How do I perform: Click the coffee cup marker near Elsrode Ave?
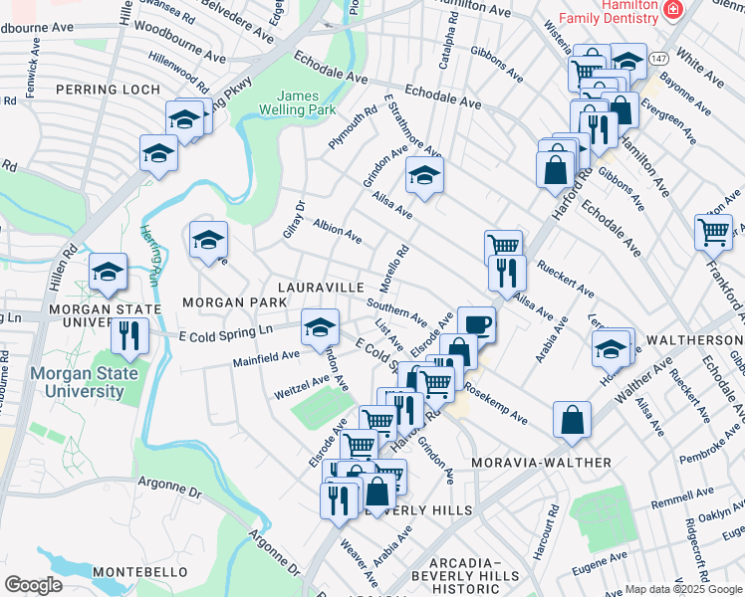coord(476,323)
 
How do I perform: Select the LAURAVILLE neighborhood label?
coord(321,287)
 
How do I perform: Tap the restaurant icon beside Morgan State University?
coord(129,335)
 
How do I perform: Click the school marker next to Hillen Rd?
coord(108,272)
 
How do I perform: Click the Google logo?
coord(34,585)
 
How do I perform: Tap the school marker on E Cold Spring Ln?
coord(318,325)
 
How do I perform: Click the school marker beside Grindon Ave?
coord(424,176)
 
